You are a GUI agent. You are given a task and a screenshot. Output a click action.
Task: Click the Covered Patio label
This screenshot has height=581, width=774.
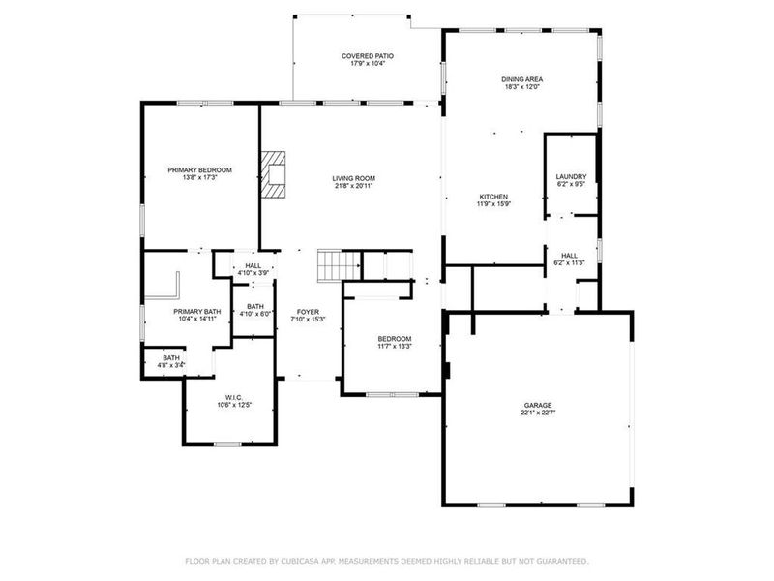click(x=368, y=56)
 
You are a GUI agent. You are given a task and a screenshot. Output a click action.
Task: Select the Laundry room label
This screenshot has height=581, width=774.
click(x=571, y=176)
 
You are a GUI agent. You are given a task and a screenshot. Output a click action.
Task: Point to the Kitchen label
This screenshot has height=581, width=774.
click(x=492, y=197)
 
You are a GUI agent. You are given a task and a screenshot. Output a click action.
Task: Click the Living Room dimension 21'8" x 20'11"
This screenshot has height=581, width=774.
click(x=353, y=186)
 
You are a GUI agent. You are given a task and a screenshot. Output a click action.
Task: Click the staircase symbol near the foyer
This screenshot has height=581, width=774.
click(x=332, y=263)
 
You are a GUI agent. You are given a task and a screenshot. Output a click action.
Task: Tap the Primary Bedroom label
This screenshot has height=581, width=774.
click(x=199, y=170)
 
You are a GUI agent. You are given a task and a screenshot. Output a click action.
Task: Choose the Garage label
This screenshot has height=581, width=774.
click(x=539, y=405)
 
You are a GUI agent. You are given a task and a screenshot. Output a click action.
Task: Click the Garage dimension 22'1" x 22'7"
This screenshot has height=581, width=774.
click(x=539, y=413)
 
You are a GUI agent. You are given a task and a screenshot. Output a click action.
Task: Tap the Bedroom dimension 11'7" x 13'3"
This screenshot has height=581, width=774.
click(x=394, y=346)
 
